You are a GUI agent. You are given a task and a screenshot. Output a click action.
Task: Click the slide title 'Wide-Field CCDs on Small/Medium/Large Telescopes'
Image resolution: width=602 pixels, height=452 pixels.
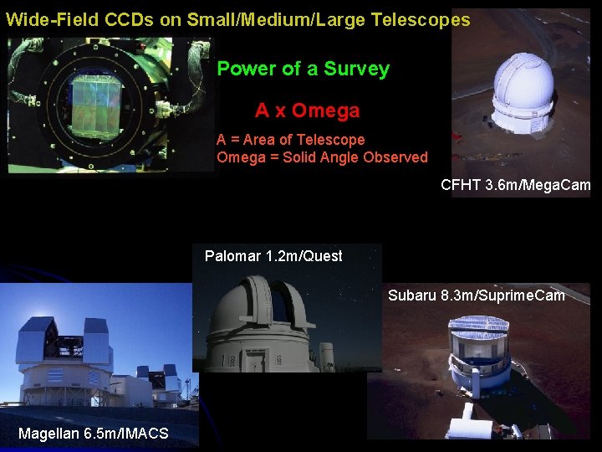[x=238, y=20]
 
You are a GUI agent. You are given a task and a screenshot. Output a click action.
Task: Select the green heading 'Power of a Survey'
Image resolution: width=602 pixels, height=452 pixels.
[x=303, y=69]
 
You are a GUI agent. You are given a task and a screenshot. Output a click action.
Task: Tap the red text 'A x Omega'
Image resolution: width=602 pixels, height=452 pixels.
[x=307, y=110]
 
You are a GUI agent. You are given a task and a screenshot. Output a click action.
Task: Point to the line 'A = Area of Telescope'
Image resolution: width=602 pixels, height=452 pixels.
[x=290, y=140]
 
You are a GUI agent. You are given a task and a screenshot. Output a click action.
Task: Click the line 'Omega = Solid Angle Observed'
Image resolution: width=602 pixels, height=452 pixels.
[x=322, y=157]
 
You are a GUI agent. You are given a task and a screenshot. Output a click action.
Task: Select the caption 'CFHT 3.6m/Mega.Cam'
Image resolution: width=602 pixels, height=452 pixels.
[x=515, y=185]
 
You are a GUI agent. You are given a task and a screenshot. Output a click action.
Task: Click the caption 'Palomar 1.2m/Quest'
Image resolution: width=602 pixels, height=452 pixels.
[x=273, y=256]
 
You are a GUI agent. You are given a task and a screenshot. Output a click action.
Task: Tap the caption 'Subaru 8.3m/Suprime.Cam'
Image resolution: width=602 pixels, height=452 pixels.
[x=476, y=295]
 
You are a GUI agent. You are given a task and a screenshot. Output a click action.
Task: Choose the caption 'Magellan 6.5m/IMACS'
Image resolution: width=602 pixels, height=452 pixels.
[x=93, y=433]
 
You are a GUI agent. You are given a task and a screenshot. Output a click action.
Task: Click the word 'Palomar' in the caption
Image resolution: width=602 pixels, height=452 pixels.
[x=232, y=256]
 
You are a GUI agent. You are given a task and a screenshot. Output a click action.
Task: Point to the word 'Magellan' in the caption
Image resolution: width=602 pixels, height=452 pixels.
[x=48, y=433]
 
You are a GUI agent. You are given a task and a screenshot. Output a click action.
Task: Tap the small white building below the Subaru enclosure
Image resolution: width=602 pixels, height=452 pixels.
[x=469, y=428]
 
